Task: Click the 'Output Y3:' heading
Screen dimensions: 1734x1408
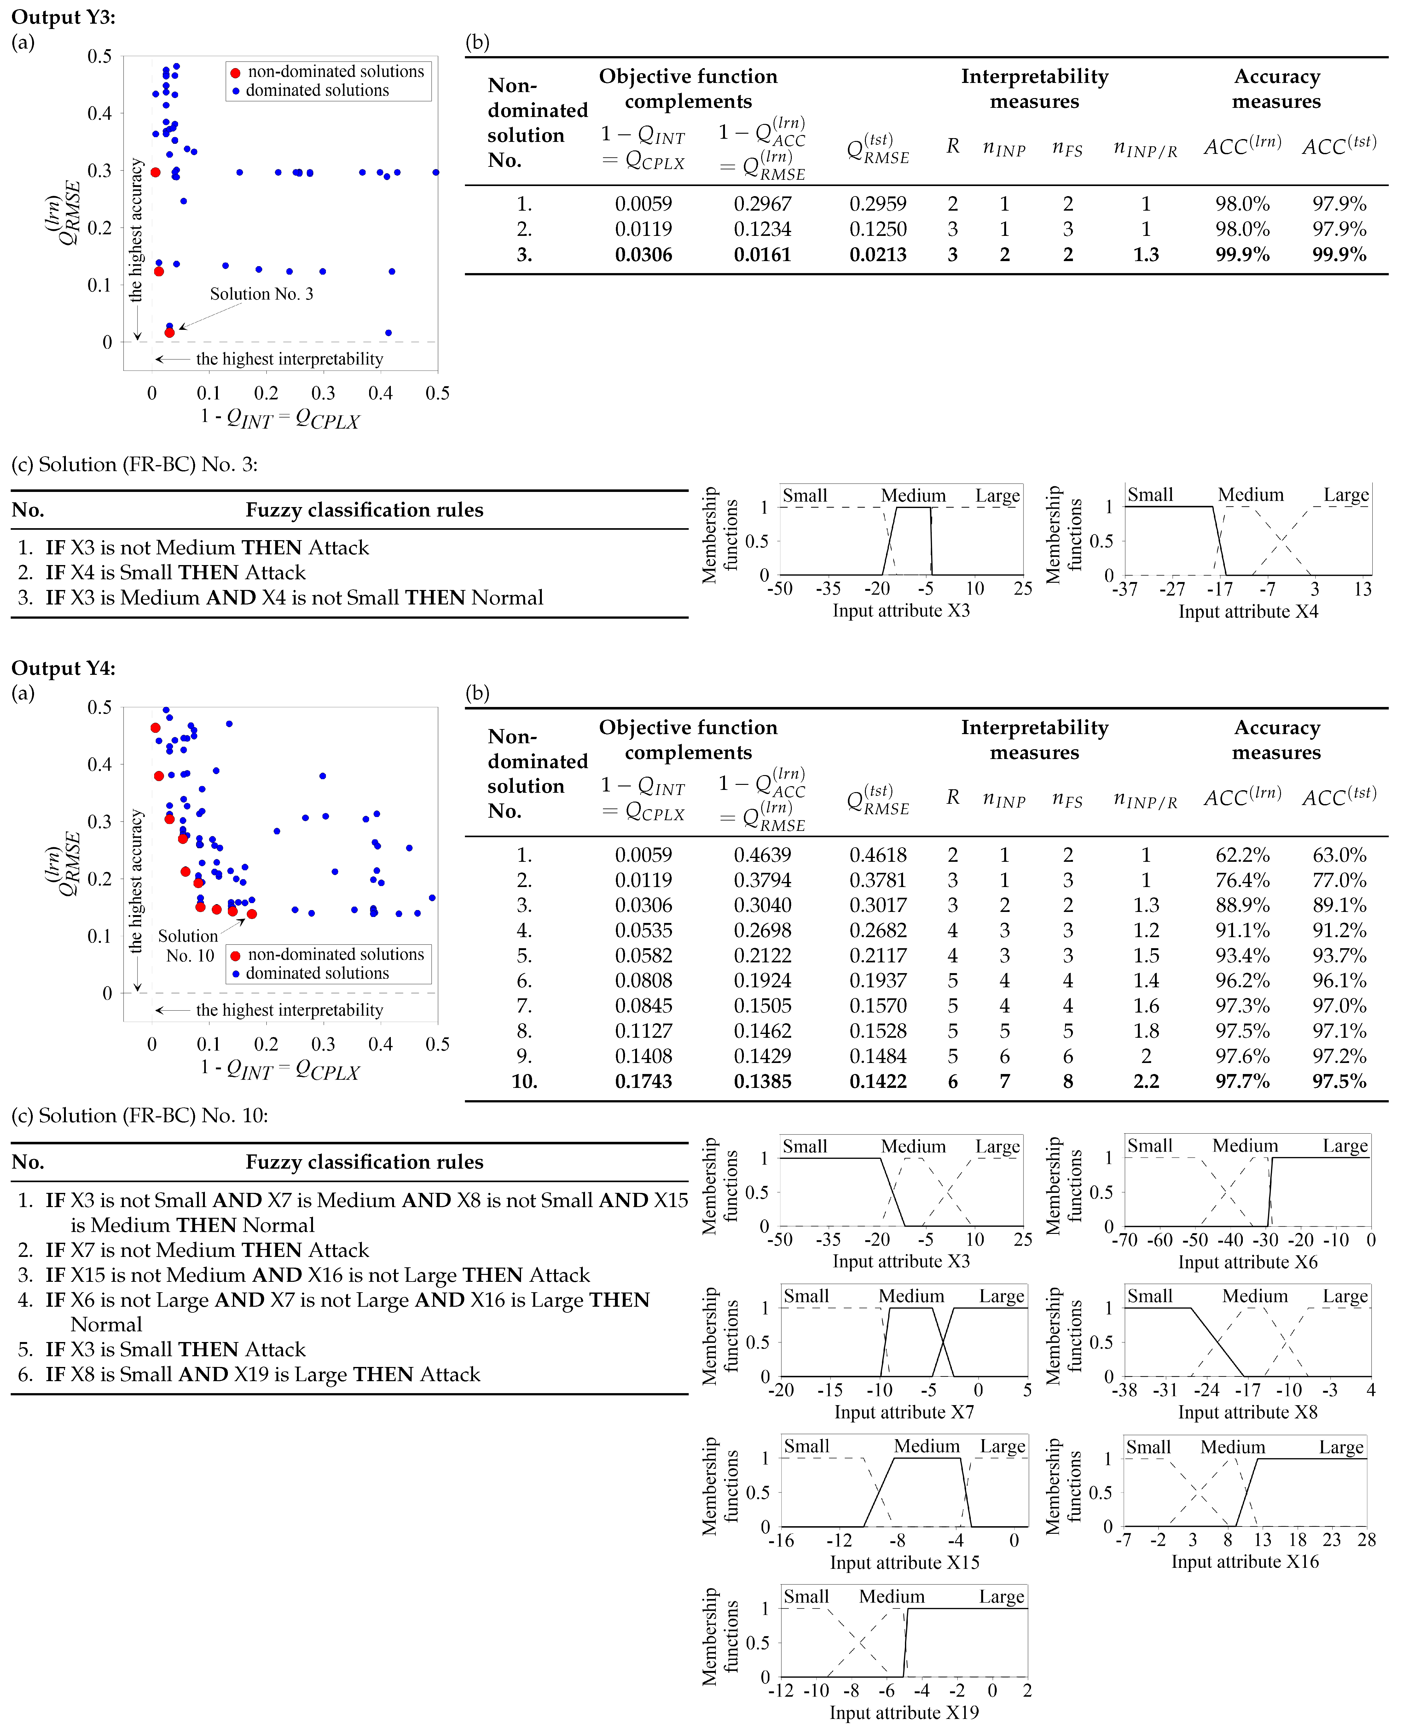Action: [63, 17]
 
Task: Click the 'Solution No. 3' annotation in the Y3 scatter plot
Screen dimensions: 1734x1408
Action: [261, 294]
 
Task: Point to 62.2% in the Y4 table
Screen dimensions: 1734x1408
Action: [1242, 855]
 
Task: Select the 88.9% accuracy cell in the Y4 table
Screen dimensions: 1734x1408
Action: [1242, 906]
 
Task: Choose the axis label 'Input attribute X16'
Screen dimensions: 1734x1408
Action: [1245, 1561]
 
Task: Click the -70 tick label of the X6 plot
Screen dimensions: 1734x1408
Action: [1125, 1240]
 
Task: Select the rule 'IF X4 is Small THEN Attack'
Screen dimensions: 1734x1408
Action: [175, 573]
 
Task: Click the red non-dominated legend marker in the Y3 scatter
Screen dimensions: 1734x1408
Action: [235, 72]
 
